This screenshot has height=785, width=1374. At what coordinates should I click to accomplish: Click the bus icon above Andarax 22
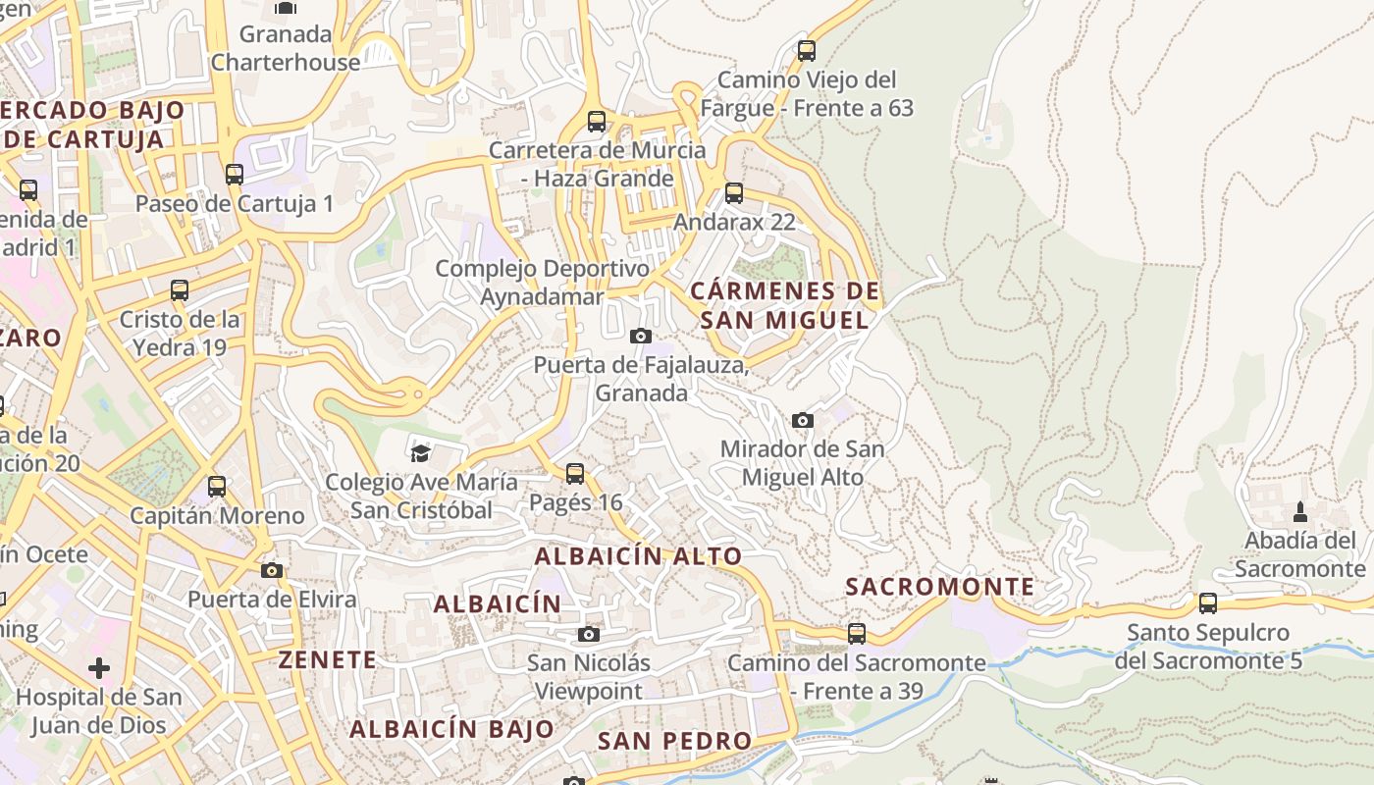(x=734, y=193)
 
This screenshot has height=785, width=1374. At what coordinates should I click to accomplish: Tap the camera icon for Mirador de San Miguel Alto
(x=803, y=420)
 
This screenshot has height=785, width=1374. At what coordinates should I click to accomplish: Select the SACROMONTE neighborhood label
(x=940, y=587)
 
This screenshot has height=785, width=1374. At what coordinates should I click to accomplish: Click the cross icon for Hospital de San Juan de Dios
(x=99, y=668)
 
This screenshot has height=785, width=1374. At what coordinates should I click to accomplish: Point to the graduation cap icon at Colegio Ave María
(x=420, y=453)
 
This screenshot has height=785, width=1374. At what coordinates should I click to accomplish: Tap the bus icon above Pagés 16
(x=575, y=474)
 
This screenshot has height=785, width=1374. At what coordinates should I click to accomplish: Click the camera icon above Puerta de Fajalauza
(x=641, y=337)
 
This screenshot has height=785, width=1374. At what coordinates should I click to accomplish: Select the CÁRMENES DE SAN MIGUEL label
(x=785, y=305)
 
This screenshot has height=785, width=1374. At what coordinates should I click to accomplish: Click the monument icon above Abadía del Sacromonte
(x=1300, y=511)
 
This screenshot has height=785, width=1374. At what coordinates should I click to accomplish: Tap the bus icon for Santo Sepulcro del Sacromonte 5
(x=1208, y=603)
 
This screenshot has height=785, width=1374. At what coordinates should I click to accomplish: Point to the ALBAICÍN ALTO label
(x=638, y=556)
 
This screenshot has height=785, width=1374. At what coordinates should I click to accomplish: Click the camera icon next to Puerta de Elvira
(x=272, y=570)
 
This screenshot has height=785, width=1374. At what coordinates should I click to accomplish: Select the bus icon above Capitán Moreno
(x=217, y=486)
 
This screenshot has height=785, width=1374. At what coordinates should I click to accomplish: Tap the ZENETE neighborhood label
(x=328, y=659)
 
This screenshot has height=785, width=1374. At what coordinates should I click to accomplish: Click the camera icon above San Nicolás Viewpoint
(x=589, y=634)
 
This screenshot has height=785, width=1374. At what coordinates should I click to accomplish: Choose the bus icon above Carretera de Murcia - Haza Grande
(x=597, y=122)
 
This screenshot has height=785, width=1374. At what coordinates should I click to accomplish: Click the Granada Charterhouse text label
(x=287, y=48)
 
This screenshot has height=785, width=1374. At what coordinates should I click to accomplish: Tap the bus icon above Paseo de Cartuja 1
(x=235, y=175)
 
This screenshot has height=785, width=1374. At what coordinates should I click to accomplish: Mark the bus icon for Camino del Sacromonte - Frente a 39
(x=857, y=634)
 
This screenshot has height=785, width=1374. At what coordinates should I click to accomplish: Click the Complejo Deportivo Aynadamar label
(x=542, y=282)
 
